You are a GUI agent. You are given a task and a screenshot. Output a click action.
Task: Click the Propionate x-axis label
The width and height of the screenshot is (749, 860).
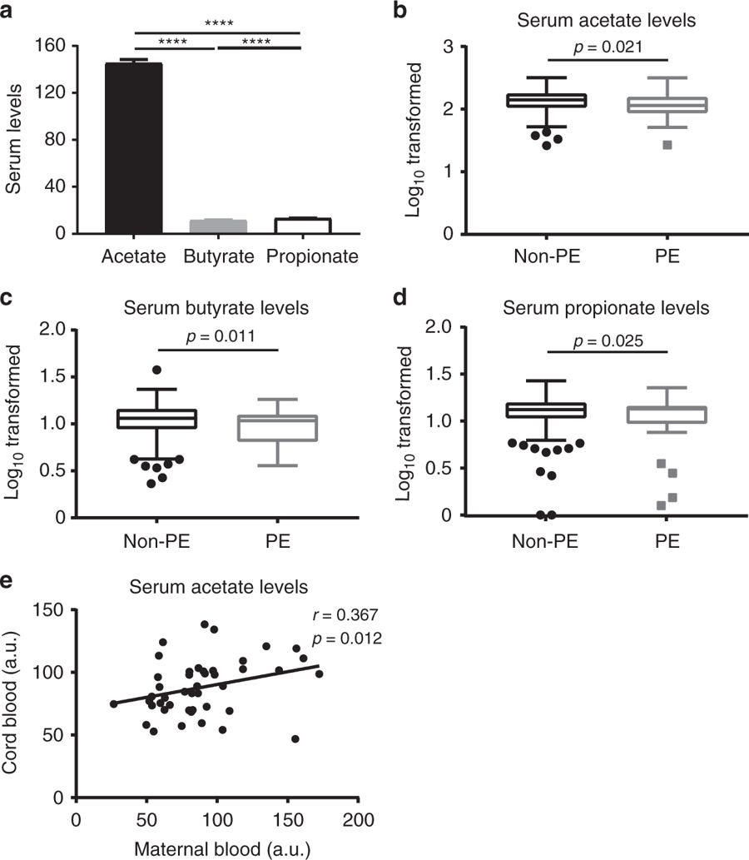312,256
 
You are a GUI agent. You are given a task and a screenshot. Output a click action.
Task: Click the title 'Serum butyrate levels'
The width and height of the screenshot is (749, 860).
216,307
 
